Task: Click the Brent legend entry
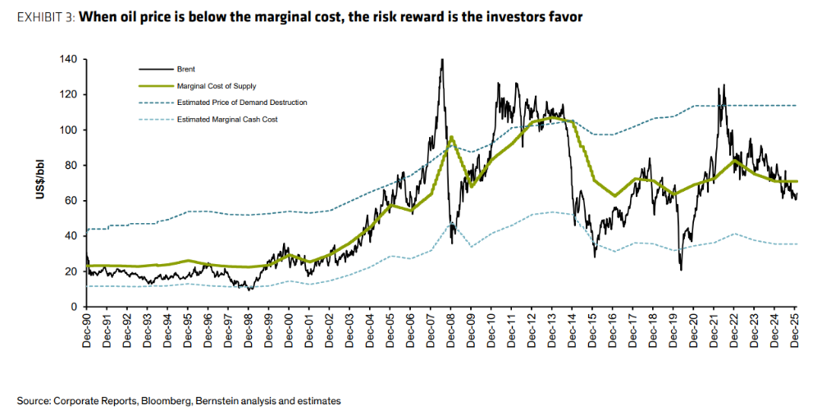click(x=186, y=71)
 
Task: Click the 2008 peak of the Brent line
click(x=442, y=60)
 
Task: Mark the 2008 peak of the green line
click(x=451, y=137)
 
